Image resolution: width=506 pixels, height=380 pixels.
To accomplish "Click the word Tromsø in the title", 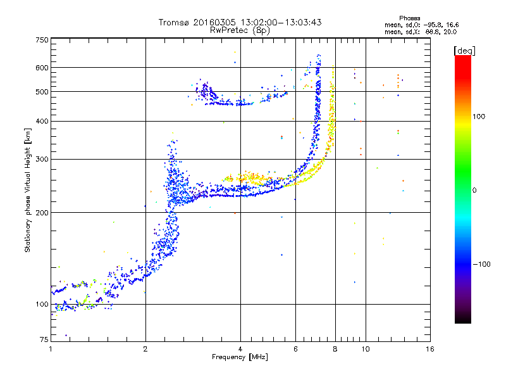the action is click(175, 22).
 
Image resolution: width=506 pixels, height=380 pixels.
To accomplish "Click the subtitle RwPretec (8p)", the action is click(240, 30).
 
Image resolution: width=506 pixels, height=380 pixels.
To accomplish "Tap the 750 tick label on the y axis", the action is click(42, 40).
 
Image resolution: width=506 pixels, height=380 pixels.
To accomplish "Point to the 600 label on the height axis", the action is click(42, 68).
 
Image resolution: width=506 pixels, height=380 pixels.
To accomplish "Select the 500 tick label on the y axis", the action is click(42, 92).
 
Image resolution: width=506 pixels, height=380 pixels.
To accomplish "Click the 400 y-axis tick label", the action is click(42, 121).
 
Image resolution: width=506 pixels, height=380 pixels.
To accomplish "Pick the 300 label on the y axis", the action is click(42, 159).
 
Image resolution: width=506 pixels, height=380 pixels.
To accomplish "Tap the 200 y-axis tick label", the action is click(42, 213).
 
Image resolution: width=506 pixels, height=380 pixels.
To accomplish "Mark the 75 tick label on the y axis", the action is click(44, 339).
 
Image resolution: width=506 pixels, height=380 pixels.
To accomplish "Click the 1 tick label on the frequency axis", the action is click(51, 349).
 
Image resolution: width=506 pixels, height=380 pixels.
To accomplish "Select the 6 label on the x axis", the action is click(295, 349).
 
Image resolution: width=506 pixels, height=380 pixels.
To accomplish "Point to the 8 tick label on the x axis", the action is click(335, 349).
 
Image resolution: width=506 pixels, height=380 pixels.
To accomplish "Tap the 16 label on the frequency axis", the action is click(430, 349).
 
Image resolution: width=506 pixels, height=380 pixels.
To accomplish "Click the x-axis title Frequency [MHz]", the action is click(240, 357).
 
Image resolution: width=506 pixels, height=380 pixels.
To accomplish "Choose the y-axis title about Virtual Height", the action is click(27, 191).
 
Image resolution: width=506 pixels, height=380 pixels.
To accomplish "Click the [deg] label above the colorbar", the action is click(465, 51).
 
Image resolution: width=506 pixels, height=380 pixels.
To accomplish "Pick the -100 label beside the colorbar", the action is click(481, 264).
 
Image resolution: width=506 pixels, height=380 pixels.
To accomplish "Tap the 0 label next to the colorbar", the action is click(474, 191).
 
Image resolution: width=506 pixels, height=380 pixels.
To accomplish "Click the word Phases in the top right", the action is click(409, 18).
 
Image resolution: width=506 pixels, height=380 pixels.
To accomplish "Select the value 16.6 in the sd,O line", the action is click(452, 25).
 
